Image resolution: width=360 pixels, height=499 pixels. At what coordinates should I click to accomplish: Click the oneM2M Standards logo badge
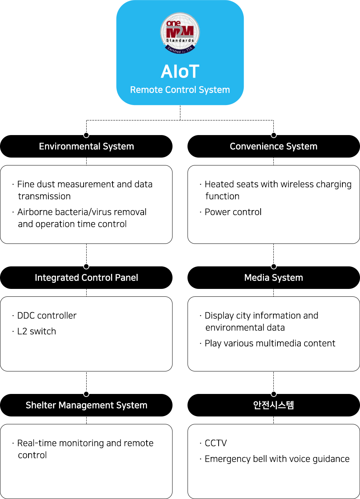click(x=180, y=33)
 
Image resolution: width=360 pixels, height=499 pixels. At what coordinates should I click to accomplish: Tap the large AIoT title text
click(x=180, y=72)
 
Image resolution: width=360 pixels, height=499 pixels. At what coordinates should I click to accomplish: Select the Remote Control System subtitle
click(x=180, y=90)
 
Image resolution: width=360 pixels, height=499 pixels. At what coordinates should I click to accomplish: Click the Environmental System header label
click(x=86, y=146)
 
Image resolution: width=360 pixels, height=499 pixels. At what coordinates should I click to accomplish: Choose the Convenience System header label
click(x=273, y=146)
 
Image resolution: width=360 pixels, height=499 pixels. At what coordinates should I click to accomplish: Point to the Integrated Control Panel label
click(x=86, y=278)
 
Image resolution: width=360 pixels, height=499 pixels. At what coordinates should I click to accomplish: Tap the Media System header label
click(x=273, y=278)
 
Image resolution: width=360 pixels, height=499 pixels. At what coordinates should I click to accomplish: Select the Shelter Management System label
click(x=86, y=405)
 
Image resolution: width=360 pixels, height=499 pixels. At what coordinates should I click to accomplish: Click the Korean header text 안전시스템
click(x=273, y=405)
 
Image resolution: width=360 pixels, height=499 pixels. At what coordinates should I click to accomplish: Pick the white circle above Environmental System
click(x=86, y=135)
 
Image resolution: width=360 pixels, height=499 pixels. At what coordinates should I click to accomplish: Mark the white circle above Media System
click(x=274, y=266)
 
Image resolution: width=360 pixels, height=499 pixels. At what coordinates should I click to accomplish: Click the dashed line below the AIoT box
click(x=180, y=113)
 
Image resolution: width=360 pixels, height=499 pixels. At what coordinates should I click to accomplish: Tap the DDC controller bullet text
click(x=47, y=316)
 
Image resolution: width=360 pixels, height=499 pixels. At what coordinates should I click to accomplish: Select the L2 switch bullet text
click(x=37, y=331)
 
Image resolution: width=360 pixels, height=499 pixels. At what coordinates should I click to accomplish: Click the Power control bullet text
click(x=233, y=212)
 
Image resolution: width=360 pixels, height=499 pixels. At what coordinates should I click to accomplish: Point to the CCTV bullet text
click(x=216, y=443)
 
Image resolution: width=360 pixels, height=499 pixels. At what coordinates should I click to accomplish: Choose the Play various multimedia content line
click(x=270, y=343)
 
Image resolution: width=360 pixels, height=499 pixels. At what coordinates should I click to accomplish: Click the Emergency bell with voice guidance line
click(x=277, y=459)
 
